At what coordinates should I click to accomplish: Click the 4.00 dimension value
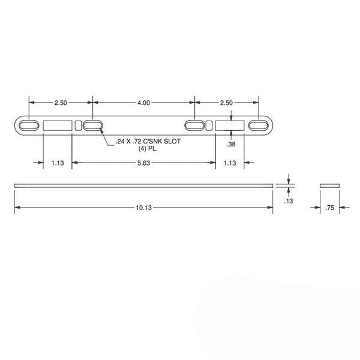click(x=143, y=103)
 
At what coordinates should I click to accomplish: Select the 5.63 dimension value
click(x=143, y=163)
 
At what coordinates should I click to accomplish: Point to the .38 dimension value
click(x=231, y=145)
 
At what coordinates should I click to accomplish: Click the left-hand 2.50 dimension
click(x=61, y=103)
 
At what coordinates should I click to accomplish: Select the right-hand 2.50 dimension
click(x=226, y=103)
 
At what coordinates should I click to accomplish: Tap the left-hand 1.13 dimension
click(x=57, y=163)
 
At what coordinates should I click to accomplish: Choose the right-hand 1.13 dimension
click(x=230, y=163)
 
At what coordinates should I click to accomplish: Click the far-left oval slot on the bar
click(x=29, y=125)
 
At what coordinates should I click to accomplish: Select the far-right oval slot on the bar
click(x=259, y=125)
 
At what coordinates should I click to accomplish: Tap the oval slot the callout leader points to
click(x=92, y=125)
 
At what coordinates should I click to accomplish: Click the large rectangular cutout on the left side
click(x=58, y=125)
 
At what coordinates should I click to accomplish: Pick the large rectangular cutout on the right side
click(x=230, y=125)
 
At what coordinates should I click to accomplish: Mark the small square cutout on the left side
click(x=79, y=125)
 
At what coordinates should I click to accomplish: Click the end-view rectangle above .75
click(x=329, y=185)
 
